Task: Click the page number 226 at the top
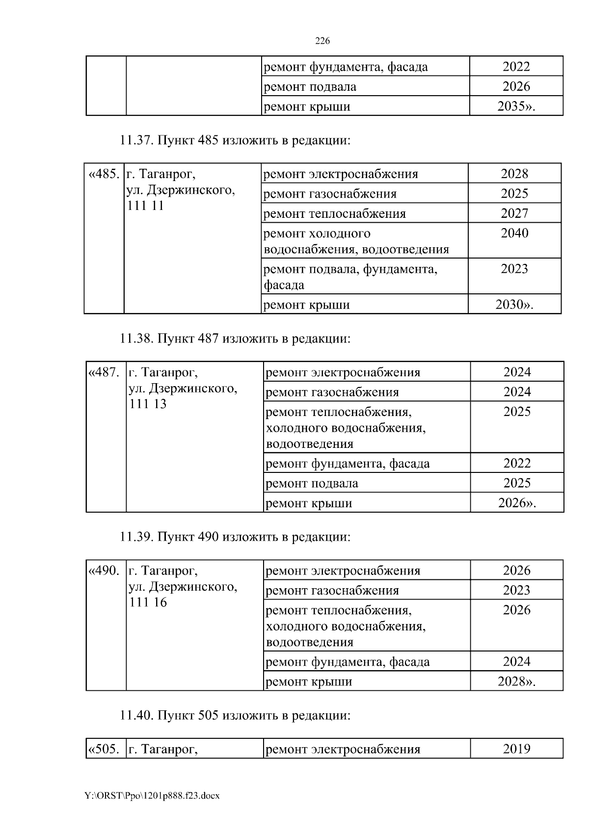tap(322, 41)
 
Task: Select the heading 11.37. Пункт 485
tap(235, 141)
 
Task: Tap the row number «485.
tap(104, 174)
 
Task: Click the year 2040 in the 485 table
tap(514, 233)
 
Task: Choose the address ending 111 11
tap(146, 206)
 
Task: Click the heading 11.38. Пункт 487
tap(235, 338)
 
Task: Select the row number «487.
tap(104, 372)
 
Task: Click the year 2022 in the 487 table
tap(517, 464)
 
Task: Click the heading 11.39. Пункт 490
tap(235, 537)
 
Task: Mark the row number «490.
tap(104, 571)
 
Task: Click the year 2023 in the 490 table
tap(516, 590)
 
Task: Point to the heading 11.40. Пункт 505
tap(235, 715)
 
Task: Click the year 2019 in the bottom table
tap(516, 749)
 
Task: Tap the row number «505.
tap(104, 749)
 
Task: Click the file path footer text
tap(152, 796)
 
